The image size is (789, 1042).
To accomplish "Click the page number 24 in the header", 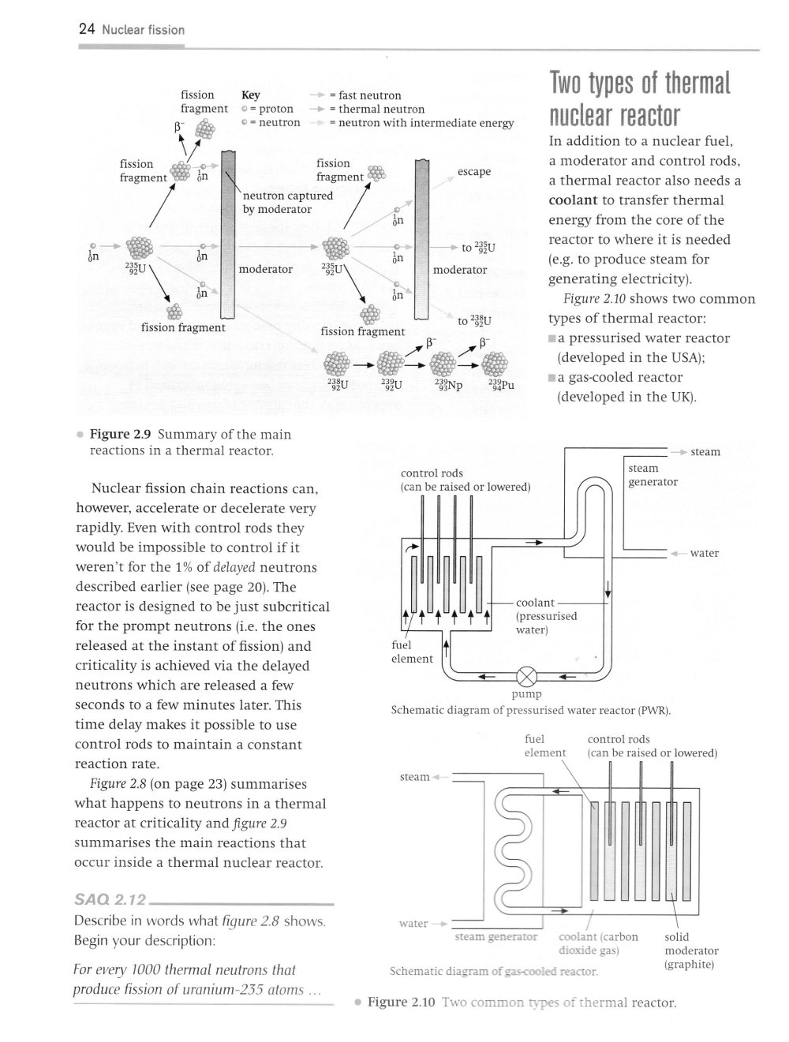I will (87, 30).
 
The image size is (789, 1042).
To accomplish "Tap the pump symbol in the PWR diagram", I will (527, 677).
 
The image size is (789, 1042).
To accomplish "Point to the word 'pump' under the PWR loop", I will (526, 694).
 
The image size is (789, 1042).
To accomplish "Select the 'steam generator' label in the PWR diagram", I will (653, 475).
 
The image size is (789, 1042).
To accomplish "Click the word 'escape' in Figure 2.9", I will (473, 171).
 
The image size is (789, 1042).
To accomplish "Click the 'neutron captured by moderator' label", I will (287, 202).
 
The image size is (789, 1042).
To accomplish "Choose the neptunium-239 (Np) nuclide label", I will (447, 386).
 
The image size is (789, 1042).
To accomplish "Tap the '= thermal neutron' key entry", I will (376, 109).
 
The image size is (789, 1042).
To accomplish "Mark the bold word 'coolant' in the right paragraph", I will (572, 200).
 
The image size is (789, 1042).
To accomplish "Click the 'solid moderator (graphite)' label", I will (690, 950).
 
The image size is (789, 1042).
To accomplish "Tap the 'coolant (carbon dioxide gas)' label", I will (597, 943).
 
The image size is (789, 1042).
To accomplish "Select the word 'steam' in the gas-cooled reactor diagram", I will (414, 777).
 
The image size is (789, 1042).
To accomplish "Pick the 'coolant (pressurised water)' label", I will (545, 616).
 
